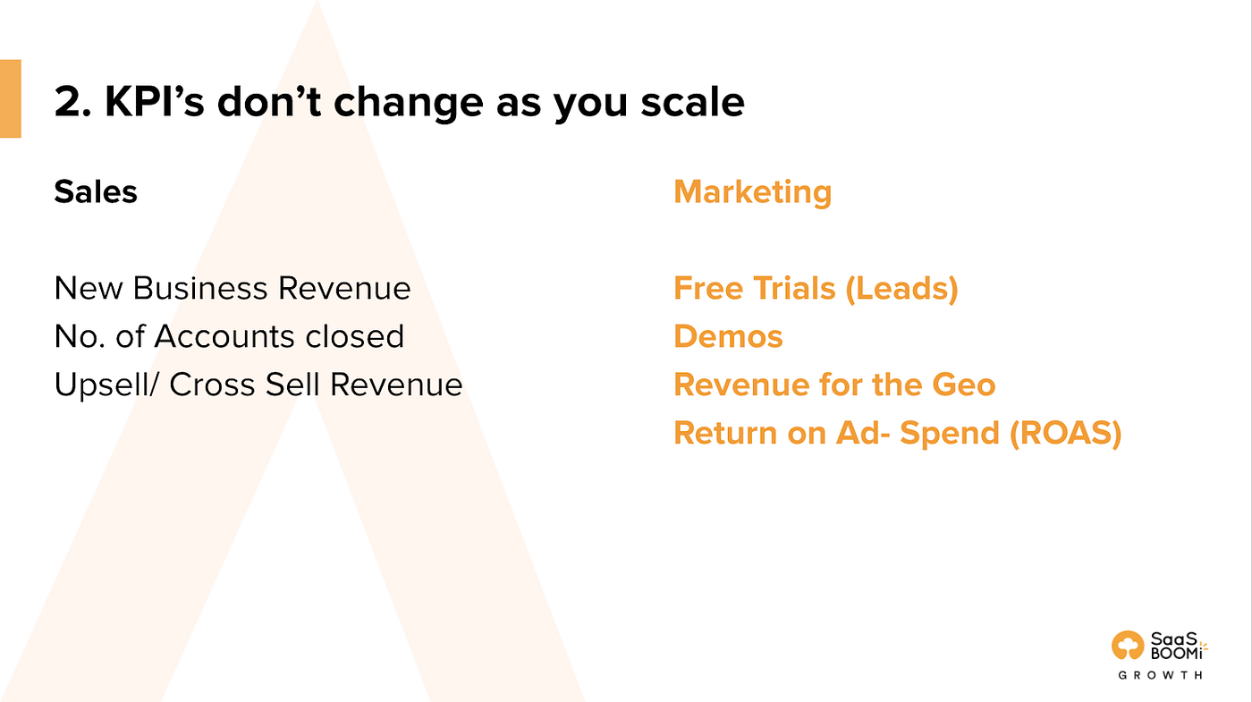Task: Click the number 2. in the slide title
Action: [72, 102]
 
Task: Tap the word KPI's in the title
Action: [154, 102]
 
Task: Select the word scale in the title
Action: [692, 102]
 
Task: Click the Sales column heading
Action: [96, 191]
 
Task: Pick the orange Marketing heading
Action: [753, 191]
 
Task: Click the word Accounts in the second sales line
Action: [224, 336]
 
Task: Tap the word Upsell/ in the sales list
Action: [106, 385]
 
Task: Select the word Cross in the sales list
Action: [213, 385]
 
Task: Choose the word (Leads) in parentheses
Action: [901, 288]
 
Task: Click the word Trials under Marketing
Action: [794, 288]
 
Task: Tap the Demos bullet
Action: [728, 336]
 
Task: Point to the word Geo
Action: [964, 385]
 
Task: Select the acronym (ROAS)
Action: [1065, 433]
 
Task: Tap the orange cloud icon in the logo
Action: [1128, 645]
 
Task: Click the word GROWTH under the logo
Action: [1161, 675]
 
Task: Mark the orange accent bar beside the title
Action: [11, 98]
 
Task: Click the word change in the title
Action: [409, 103]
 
